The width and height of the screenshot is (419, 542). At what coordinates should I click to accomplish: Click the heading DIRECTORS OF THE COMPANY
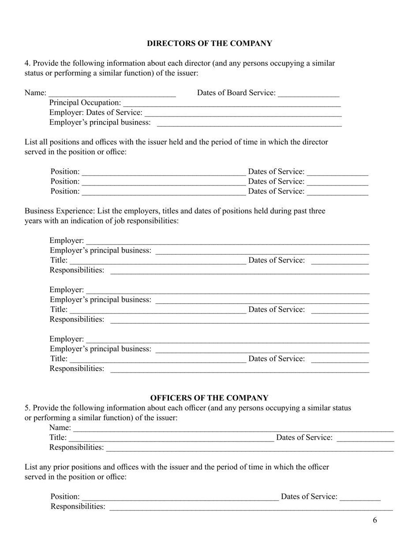pos(209,44)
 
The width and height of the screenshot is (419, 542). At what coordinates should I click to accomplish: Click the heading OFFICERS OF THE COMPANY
pos(209,398)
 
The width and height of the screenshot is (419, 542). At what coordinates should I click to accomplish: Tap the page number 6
pos(375,520)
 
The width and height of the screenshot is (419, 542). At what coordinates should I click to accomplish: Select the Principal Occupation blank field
pos(232,104)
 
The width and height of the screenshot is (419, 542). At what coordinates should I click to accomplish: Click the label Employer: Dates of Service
pos(96,112)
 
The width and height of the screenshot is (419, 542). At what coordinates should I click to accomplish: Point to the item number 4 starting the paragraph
pos(27,63)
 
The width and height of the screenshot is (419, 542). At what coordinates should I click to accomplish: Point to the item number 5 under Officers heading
pos(27,408)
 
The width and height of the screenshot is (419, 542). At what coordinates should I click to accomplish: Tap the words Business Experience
pos(60,211)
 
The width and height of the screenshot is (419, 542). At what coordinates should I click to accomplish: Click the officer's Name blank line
pos(233,429)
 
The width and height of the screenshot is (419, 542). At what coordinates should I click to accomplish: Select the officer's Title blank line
pos(171,438)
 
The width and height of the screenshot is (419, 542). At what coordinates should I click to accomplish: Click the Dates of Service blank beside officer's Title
pos(365,438)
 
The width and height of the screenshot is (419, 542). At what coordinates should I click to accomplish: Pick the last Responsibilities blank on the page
pos(251,508)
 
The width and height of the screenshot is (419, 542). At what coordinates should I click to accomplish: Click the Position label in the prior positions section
pos(65,497)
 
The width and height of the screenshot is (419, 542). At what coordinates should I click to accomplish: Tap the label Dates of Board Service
pos(236,93)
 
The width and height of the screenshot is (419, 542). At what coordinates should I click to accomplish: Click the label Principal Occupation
pos(85,103)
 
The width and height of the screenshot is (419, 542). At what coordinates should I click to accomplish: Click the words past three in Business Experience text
pos(310,211)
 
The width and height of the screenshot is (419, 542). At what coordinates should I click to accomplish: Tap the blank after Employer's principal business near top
pos(249,123)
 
